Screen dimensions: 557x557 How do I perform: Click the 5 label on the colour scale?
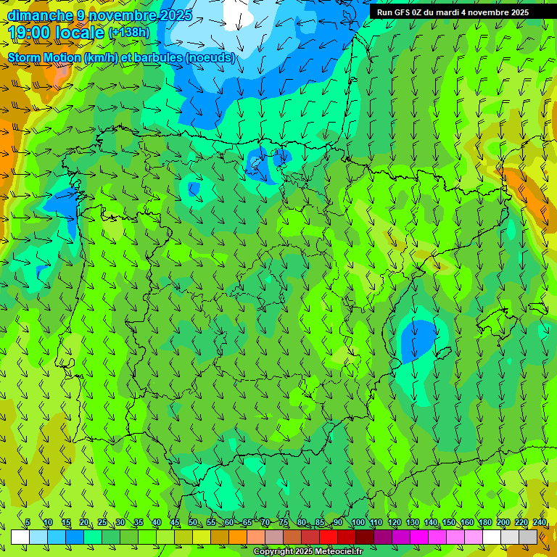coord(28,523)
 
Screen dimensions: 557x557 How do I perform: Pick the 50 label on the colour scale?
coord(192,523)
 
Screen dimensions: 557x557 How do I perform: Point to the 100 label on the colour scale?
coord(358,523)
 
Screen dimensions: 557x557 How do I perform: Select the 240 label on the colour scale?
coord(540,523)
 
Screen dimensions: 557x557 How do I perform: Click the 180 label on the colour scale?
coord(484,523)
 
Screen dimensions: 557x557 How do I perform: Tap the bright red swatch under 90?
coord(329,537)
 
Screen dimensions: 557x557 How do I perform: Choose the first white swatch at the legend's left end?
coord(20,537)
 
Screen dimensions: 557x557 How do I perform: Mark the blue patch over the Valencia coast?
coord(418,338)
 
